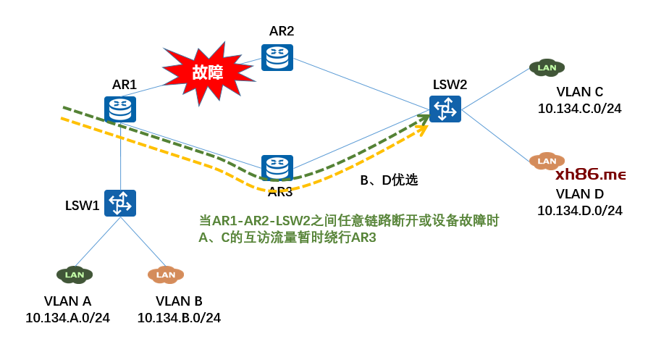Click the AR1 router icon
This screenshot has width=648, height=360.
(120, 109)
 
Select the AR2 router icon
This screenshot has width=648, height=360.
(277, 57)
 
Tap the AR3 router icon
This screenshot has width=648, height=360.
(277, 168)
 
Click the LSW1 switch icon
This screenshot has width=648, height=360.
(120, 203)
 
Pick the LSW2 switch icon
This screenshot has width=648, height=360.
(445, 109)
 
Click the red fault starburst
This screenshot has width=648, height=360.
(208, 72)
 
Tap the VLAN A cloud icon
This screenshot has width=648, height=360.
(75, 275)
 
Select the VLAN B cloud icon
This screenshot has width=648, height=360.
(166, 275)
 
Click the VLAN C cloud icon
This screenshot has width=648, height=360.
(547, 68)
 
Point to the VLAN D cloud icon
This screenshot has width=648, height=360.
(547, 161)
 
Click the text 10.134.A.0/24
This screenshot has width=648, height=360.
(68, 318)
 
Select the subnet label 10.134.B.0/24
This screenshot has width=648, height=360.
(179, 318)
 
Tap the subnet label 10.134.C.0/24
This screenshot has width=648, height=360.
(579, 109)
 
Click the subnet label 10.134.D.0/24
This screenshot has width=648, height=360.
(579, 211)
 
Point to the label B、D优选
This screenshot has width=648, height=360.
(389, 180)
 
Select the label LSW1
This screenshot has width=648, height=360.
(83, 205)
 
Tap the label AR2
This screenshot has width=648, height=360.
(282, 31)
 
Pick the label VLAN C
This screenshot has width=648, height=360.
(579, 92)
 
